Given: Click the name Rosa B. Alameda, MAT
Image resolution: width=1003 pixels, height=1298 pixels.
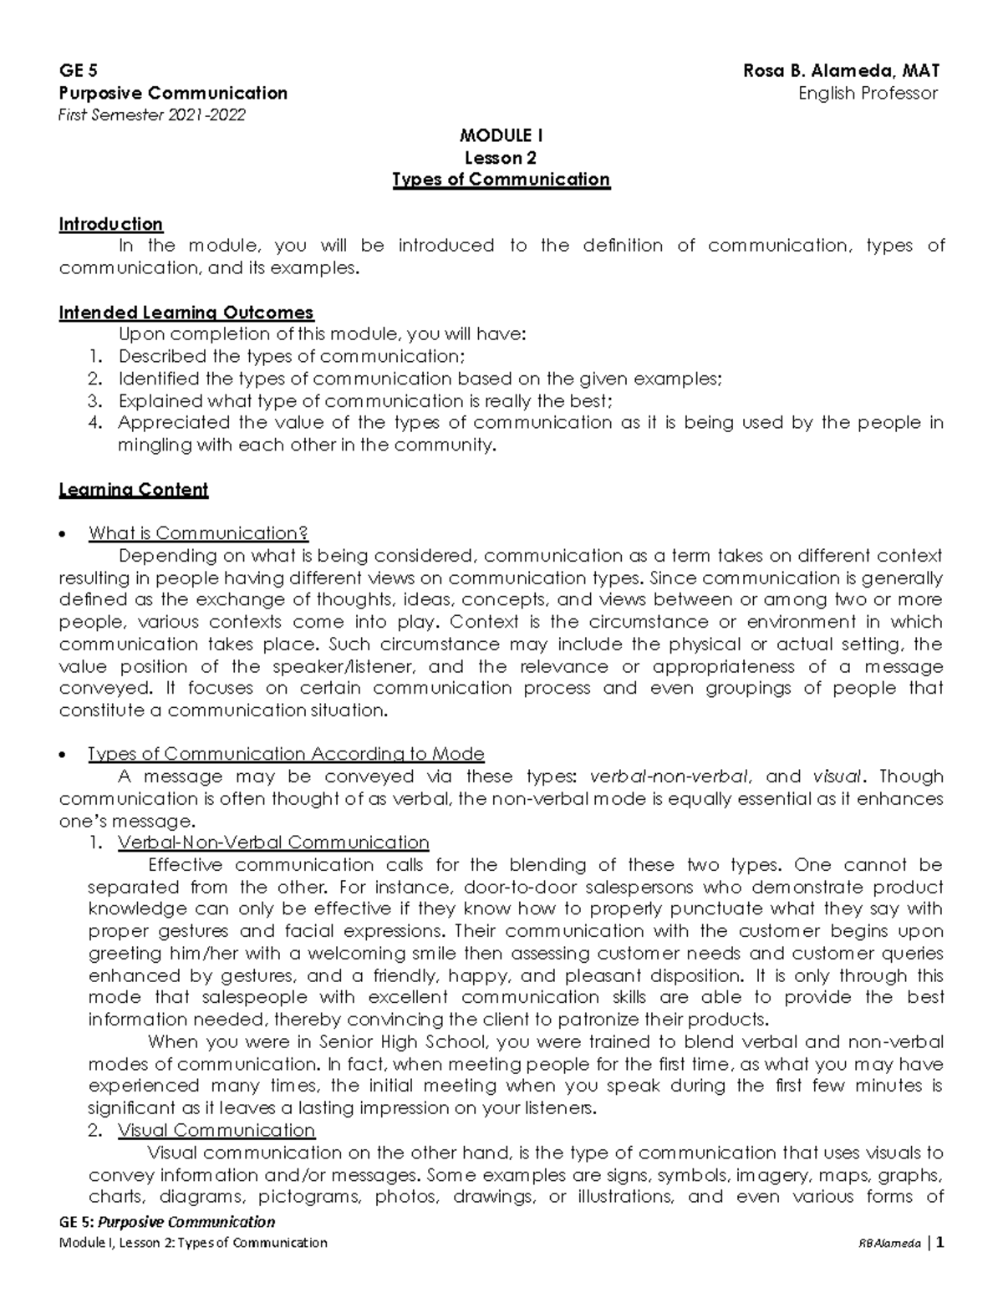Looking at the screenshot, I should pyautogui.click(x=842, y=71).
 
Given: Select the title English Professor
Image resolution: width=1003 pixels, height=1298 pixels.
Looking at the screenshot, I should pyautogui.click(x=868, y=94).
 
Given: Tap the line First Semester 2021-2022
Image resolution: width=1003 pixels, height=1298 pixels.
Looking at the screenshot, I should pyautogui.click(x=152, y=115).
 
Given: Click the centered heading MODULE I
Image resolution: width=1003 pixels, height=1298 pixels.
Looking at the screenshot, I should pyautogui.click(x=501, y=135).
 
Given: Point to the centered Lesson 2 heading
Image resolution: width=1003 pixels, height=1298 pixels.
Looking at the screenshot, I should pyautogui.click(x=501, y=158).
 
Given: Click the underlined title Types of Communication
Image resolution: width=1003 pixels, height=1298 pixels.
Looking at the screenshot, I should pyautogui.click(x=501, y=180).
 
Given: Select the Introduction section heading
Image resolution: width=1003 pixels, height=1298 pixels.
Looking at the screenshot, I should pyautogui.click(x=110, y=224).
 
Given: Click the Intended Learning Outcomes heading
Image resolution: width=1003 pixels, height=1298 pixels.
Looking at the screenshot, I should pyautogui.click(x=186, y=313).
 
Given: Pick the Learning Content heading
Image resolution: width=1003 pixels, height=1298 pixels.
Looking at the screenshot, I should pyautogui.click(x=133, y=490).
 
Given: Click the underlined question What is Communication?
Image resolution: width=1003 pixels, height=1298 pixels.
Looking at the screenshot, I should pyautogui.click(x=198, y=533).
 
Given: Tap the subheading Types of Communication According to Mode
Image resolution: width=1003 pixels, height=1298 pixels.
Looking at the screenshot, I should pyautogui.click(x=286, y=754).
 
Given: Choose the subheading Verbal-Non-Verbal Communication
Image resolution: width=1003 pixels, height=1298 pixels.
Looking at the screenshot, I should pyautogui.click(x=273, y=842).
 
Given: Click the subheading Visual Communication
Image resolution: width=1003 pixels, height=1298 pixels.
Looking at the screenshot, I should pyautogui.click(x=216, y=1131).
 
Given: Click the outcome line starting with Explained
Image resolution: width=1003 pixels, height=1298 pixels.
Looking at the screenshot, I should pyautogui.click(x=364, y=401).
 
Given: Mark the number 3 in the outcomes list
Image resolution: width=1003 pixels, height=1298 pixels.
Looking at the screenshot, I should pyautogui.click(x=94, y=401).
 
